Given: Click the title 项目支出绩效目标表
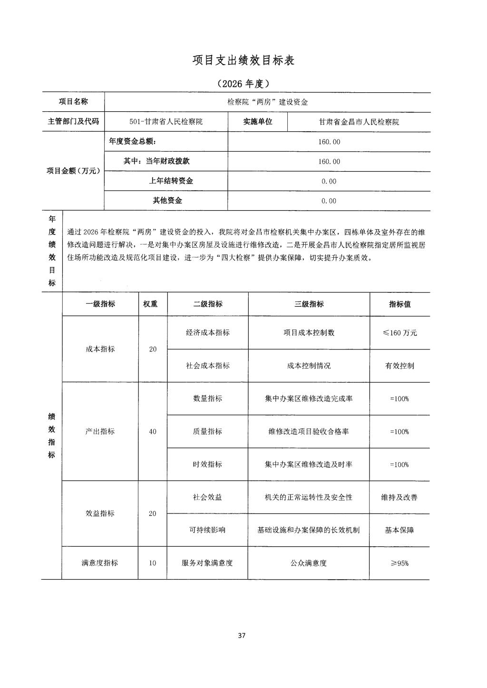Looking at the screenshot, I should (243, 60).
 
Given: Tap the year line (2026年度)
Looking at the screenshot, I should (243, 84).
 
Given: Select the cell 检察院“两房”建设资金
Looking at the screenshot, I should (267, 102).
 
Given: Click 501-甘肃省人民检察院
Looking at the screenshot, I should (166, 122).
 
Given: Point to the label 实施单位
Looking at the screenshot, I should (258, 122).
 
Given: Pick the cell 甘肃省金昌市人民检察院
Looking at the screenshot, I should (359, 122).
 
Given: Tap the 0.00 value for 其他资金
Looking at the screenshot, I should (329, 201).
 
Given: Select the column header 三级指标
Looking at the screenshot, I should (309, 304).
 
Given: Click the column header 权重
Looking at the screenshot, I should (150, 304).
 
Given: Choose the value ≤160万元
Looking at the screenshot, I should (399, 333).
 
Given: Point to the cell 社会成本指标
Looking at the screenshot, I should (208, 366).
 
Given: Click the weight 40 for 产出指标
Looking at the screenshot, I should (153, 432).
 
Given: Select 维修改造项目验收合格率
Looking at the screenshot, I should (309, 432).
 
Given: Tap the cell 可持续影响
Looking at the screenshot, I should (207, 530).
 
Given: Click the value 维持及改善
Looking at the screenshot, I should (399, 497).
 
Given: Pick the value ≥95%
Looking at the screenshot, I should (399, 563).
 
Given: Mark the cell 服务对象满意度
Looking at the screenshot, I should (207, 563).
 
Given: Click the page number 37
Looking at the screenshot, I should (242, 636).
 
